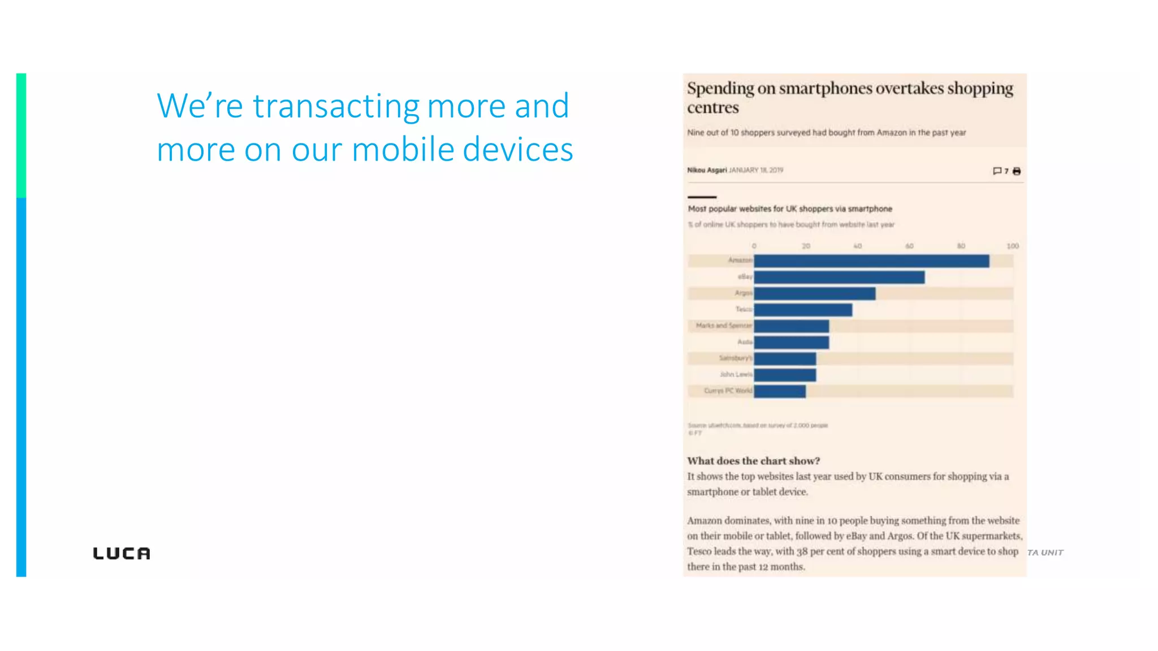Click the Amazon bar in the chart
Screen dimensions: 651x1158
[871, 261]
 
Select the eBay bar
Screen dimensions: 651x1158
[839, 277]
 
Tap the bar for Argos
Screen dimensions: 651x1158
[814, 293]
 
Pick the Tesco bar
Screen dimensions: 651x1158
[803, 310]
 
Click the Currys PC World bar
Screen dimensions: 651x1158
[779, 391]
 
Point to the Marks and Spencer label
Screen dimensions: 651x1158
[723, 325]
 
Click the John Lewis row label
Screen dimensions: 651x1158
[736, 374]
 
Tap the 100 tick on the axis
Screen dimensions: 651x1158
[1012, 246]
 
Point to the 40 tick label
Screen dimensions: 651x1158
[857, 246]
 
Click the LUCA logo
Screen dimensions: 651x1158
[122, 553]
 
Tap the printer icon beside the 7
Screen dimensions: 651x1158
[1017, 171]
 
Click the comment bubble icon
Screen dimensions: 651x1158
[997, 171]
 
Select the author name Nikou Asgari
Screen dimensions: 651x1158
[707, 170]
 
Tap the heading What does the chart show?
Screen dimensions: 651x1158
[753, 461]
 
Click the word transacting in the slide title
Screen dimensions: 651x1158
[336, 106]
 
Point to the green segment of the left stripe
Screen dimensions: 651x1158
[21, 136]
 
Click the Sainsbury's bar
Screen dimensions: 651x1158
[785, 359]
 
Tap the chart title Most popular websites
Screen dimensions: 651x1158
[789, 209]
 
